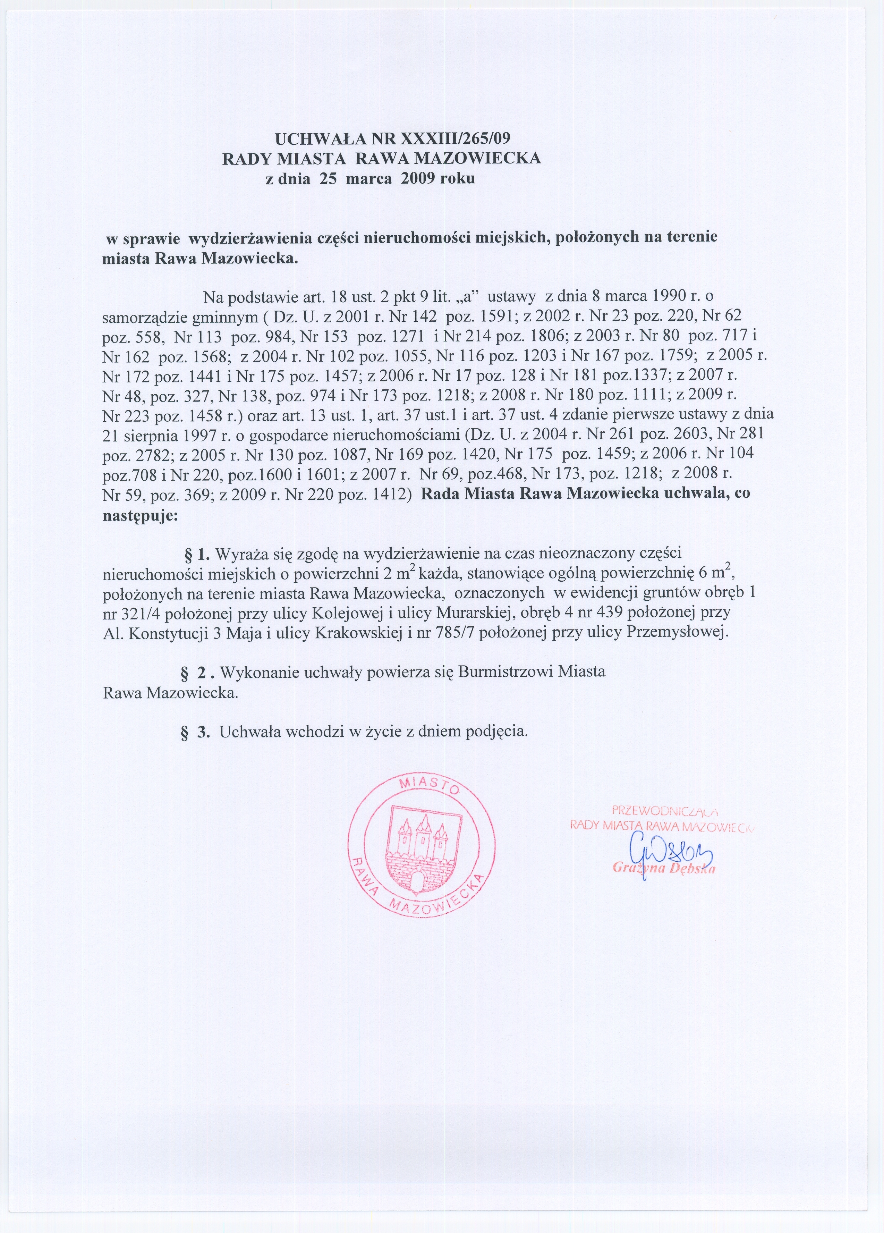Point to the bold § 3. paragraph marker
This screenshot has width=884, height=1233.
coord(196,732)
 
